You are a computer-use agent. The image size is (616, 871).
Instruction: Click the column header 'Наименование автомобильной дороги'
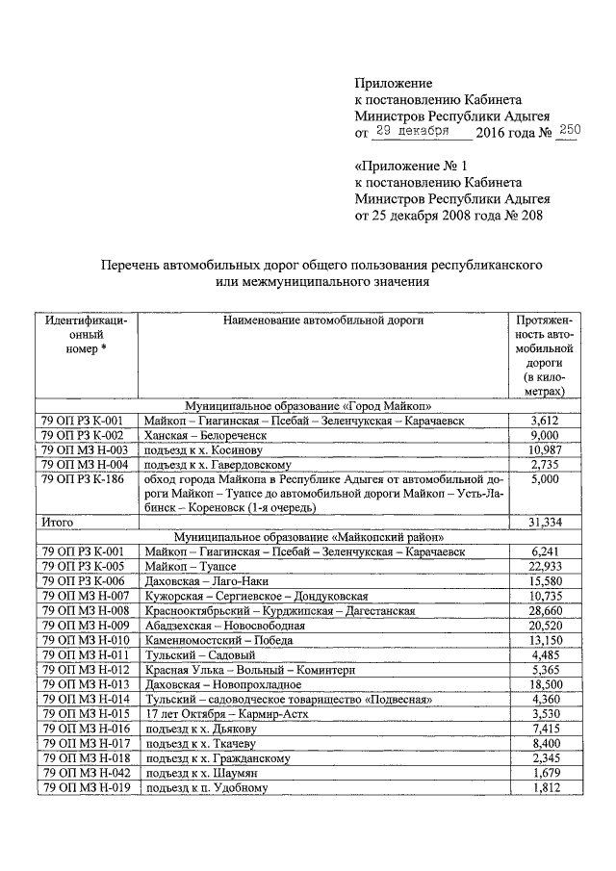click(x=322, y=320)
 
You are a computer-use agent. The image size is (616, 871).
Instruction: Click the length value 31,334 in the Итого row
click(x=546, y=522)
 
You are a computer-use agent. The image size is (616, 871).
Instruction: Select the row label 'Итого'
click(x=57, y=522)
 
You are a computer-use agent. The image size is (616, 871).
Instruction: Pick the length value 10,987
click(x=546, y=449)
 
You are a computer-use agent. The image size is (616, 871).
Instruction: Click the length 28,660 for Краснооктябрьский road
click(x=546, y=610)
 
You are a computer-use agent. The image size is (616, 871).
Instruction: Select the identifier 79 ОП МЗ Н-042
click(x=85, y=773)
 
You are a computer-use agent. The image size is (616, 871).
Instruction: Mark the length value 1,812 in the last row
click(x=546, y=788)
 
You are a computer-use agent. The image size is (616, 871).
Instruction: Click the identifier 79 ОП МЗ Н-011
click(x=85, y=653)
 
